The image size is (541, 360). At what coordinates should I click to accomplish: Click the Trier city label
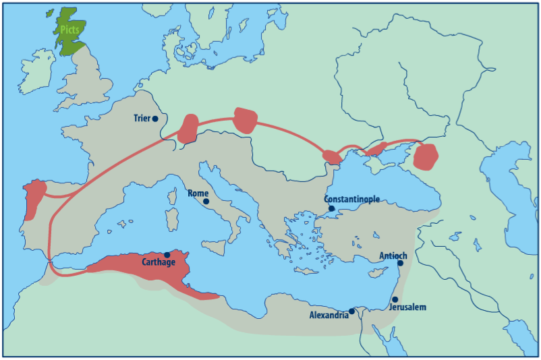tap(142, 119)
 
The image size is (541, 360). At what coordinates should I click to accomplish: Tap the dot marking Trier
tap(155, 119)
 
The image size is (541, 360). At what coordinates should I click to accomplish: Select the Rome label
tap(198, 193)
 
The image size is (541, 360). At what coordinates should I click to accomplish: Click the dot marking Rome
tap(206, 201)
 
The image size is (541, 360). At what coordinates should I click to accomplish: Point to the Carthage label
tap(159, 262)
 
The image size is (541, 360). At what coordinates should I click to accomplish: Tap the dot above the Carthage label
tap(167, 255)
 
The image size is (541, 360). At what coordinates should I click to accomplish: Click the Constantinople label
tap(351, 200)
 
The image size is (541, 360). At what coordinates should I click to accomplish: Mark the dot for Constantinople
tap(332, 208)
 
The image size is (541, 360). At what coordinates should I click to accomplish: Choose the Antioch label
tap(393, 256)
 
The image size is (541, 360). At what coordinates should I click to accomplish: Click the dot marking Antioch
tap(400, 263)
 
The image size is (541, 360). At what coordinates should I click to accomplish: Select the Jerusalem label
tap(408, 307)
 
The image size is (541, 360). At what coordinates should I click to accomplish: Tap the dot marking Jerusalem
tap(395, 299)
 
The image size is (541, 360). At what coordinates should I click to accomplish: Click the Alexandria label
tap(329, 315)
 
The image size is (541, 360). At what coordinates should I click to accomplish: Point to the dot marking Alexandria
tap(352, 311)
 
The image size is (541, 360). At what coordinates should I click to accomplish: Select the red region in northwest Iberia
tap(32, 197)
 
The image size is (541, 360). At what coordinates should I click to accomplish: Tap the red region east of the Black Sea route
tap(426, 156)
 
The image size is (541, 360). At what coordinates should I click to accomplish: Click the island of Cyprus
tap(373, 276)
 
